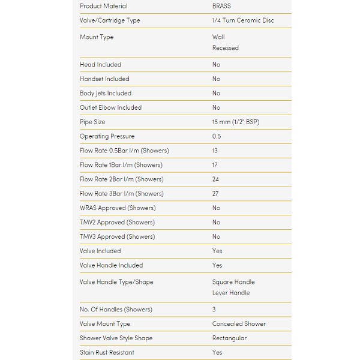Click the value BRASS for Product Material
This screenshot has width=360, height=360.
(221, 6)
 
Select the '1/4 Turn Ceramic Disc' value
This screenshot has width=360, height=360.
(242, 20)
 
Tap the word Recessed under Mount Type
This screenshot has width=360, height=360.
(225, 48)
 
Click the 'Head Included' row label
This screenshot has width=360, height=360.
(100, 65)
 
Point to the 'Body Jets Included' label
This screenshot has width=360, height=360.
(106, 94)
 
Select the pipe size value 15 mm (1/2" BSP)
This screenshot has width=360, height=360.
(236, 122)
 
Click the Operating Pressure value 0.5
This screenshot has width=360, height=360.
(217, 137)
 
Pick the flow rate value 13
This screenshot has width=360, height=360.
(215, 151)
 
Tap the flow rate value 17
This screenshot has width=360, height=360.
(215, 165)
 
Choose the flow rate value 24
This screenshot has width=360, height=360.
(216, 179)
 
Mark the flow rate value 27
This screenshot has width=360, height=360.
(216, 194)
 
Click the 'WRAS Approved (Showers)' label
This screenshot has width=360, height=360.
(118, 208)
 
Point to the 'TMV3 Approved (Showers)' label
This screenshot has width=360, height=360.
(117, 237)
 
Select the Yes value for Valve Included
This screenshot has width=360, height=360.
(217, 251)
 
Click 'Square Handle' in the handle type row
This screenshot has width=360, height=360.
(233, 282)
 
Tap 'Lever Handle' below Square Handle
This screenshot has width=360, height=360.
(231, 293)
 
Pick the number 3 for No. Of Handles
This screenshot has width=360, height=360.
(214, 310)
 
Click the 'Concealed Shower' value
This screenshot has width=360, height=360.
(239, 324)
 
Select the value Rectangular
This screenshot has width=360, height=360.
(229, 338)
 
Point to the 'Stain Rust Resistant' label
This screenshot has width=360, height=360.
(107, 353)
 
